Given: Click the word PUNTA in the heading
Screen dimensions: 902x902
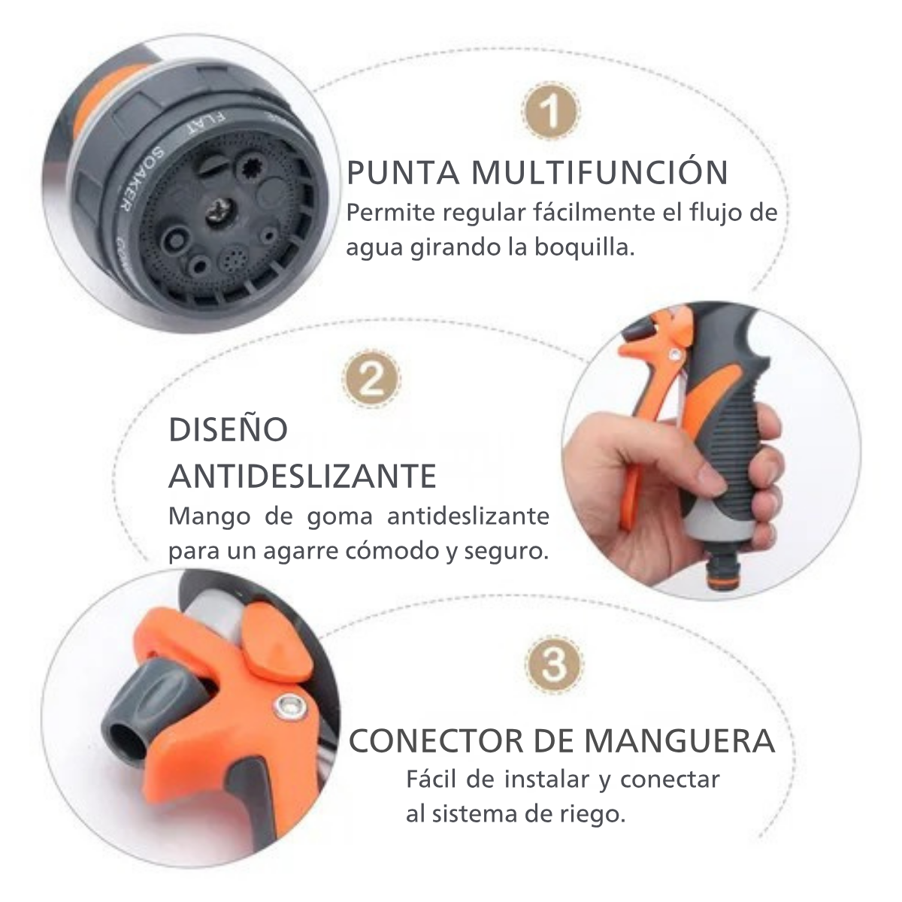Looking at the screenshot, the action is point(404,173).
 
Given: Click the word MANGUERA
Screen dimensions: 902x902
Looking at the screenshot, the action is point(680,754).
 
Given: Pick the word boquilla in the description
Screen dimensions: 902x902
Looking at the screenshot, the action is point(584,248).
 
